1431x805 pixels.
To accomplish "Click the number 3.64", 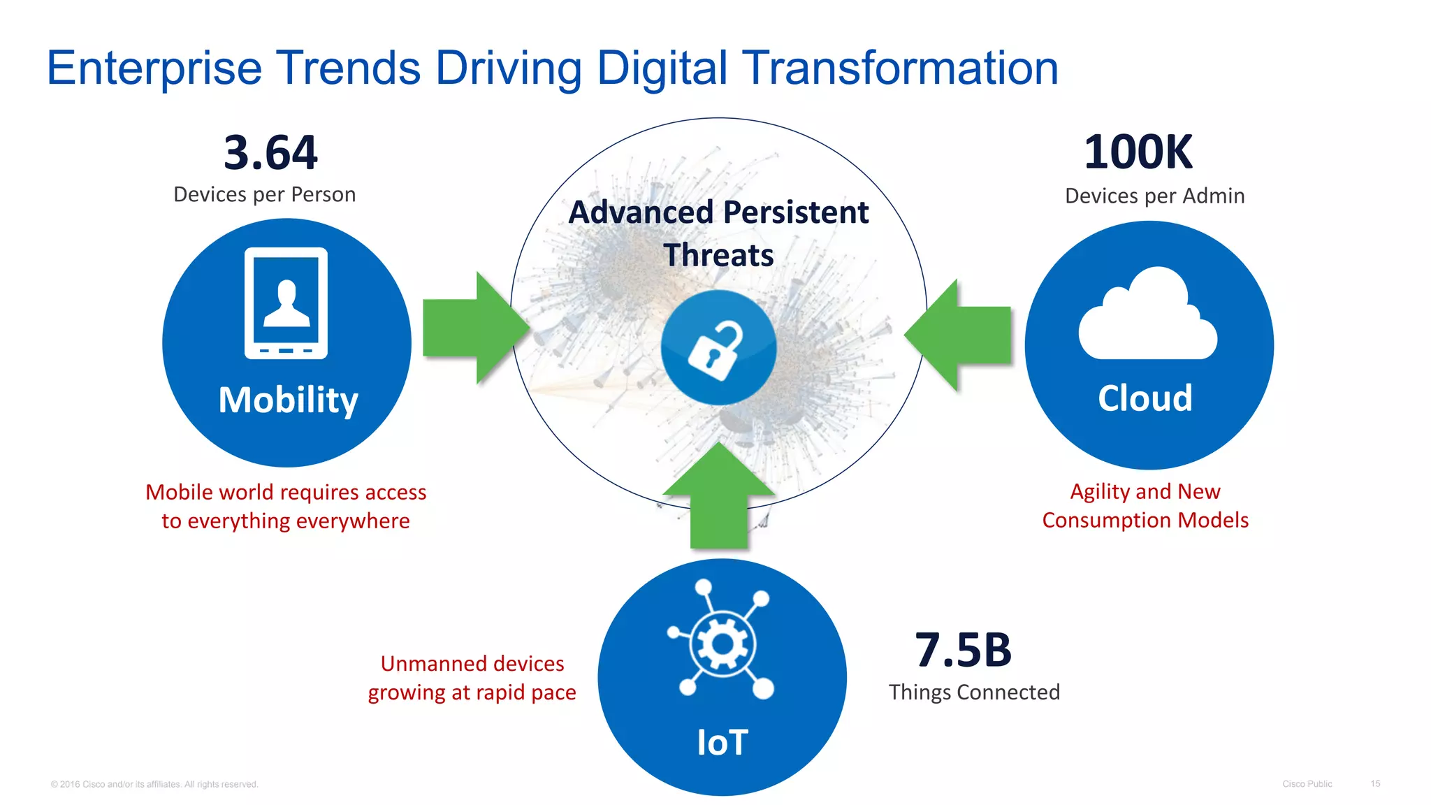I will pos(270,152).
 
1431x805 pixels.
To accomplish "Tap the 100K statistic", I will pos(1138,152).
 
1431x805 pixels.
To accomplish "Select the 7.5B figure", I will pos(963,650).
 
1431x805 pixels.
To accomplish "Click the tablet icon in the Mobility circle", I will pos(286,303).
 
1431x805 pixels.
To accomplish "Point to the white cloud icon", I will pos(1147,318).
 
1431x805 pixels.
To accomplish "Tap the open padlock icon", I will pos(718,349).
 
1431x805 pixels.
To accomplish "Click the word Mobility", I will pos(288,400).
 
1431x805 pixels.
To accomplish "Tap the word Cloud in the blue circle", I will pos(1145,398).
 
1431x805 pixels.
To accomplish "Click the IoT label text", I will pos(722,742).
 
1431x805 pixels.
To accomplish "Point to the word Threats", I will pos(718,255).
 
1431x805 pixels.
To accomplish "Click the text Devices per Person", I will pos(264,194).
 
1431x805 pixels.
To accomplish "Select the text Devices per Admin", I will pos(1154,196).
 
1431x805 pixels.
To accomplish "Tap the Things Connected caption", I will pos(974,692).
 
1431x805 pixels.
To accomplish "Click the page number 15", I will pos(1374,783).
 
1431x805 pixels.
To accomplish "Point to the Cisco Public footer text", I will pos(1307,783).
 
